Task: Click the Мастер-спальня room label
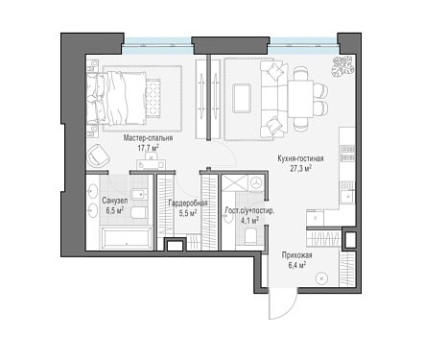pos(148,138)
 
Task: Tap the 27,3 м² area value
pos(301,168)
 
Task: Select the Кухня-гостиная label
pos(300,158)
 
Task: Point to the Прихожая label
pos(296,255)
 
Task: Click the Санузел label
pos(115,201)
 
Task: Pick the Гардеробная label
pos(188,203)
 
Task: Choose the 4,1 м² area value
pos(249,221)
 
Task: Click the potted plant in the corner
pos(342,67)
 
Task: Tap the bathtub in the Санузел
pos(127,237)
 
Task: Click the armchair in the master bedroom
pos(99,156)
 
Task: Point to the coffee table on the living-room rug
pos(242,98)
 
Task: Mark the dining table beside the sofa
pos(300,99)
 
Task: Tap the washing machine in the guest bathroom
pos(256,183)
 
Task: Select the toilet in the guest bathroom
pos(251,237)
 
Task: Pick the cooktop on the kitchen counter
pos(347,153)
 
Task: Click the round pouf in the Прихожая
pos(321,278)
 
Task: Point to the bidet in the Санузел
pos(139,194)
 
